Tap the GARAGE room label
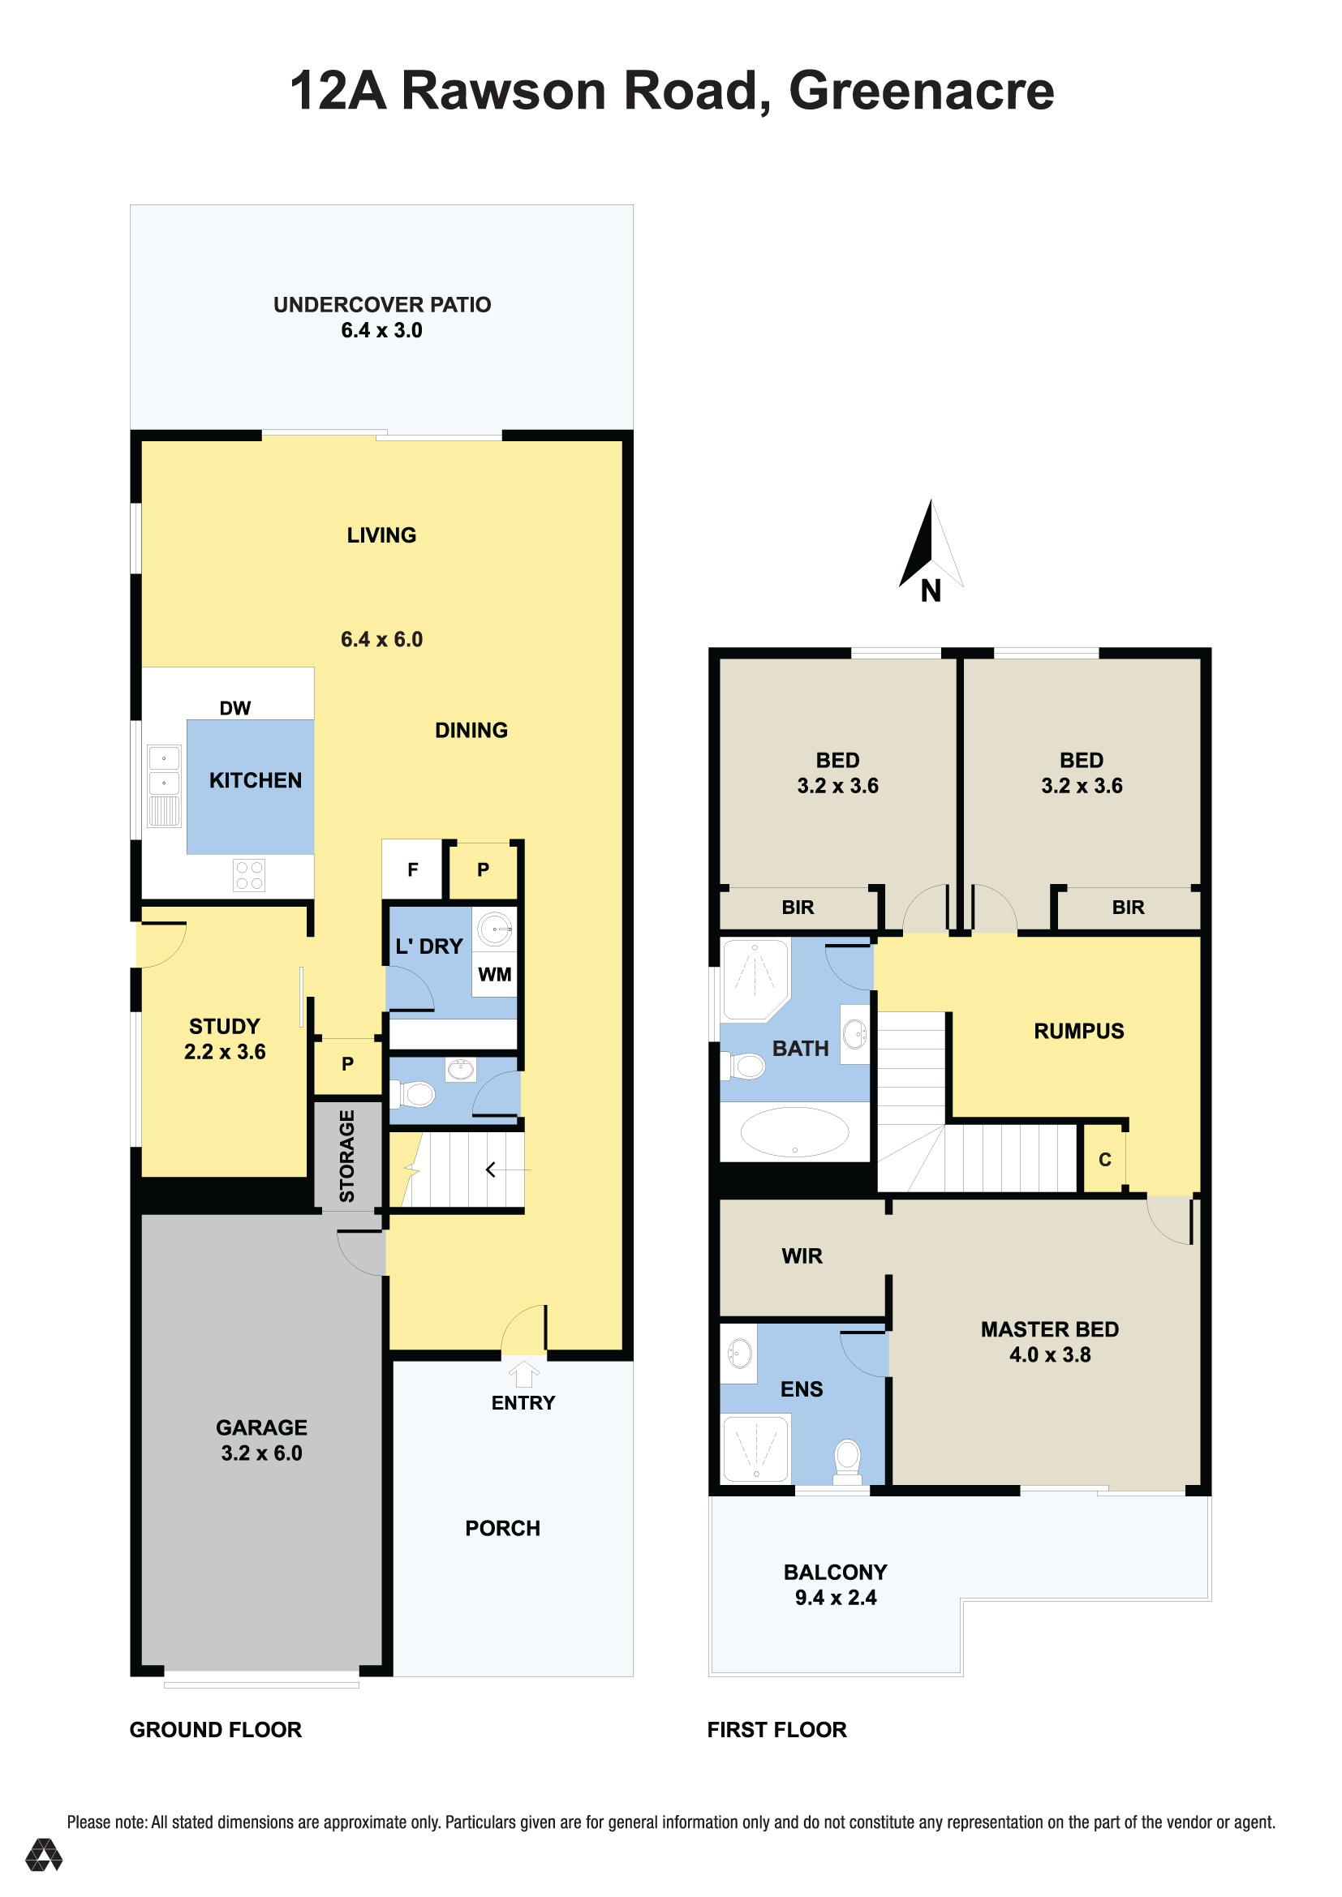point(261,1427)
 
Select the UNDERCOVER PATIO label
point(382,304)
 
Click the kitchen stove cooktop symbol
point(249,876)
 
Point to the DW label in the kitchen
point(234,708)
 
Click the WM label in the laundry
point(494,974)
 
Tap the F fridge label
point(412,869)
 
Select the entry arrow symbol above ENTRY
point(523,1374)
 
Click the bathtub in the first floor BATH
point(794,1132)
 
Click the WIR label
point(802,1255)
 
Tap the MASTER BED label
point(1049,1328)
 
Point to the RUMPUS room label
point(1078,1030)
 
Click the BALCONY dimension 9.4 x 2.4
point(836,1597)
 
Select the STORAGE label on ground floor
point(347,1156)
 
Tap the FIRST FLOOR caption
point(776,1729)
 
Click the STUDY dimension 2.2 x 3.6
point(225,1052)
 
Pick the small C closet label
point(1104,1160)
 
